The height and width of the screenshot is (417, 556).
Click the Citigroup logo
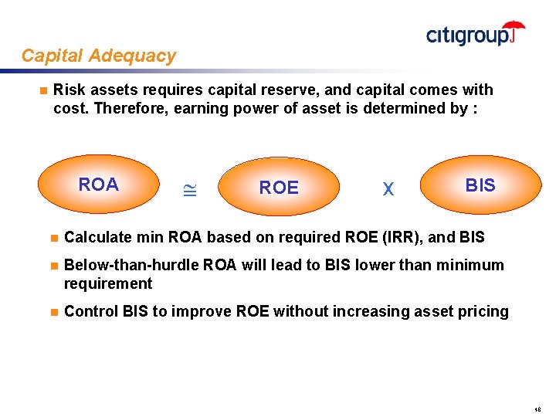[x=475, y=34]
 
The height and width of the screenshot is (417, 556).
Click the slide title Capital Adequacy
[x=99, y=56]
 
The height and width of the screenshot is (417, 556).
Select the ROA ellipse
[x=99, y=185]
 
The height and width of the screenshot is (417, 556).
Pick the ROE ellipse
[x=279, y=188]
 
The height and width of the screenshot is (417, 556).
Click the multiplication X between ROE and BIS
[x=388, y=189]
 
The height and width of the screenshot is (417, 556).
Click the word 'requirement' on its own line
[x=108, y=283]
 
